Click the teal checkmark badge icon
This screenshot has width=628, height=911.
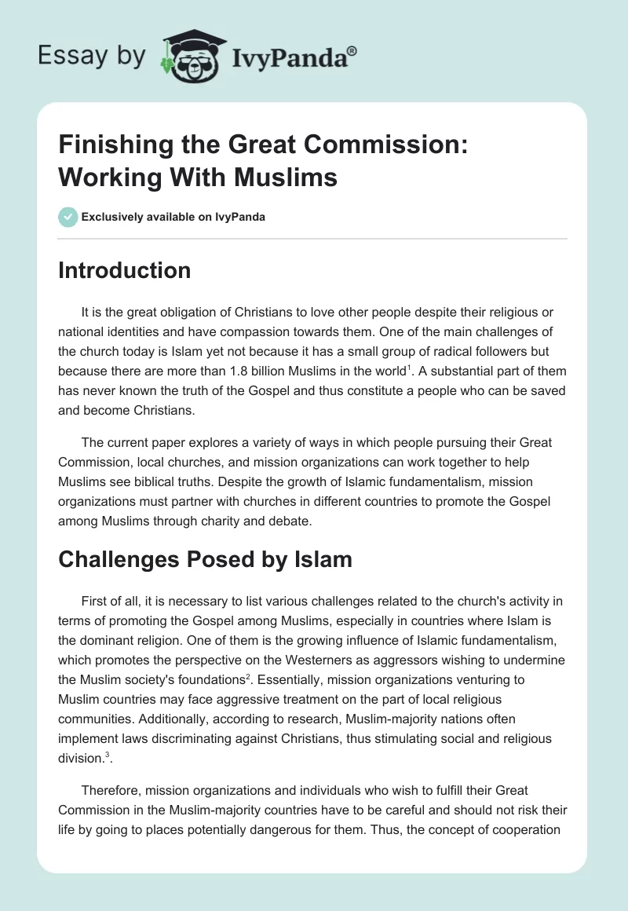68,216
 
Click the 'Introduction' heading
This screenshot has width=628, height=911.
125,270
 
